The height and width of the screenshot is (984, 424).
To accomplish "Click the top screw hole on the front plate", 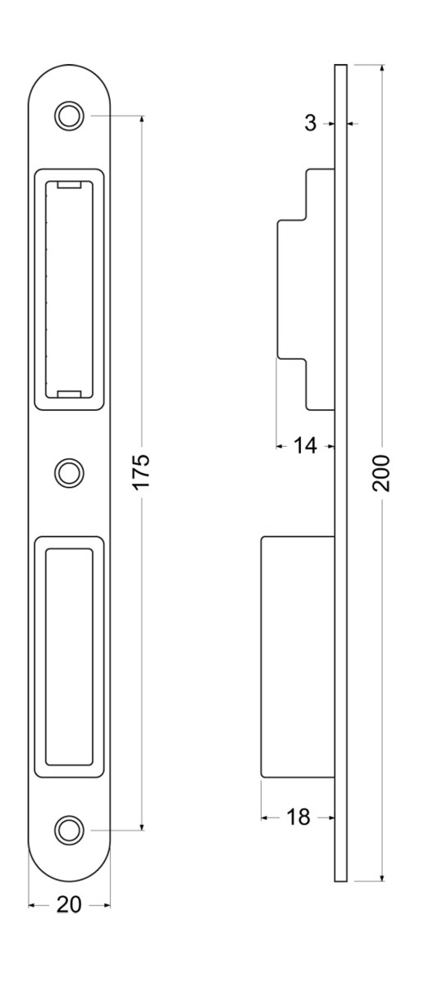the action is pos(69,116).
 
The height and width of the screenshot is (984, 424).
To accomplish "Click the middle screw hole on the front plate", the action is pos(69,473).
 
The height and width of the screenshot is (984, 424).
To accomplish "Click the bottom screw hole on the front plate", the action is pos(69,830).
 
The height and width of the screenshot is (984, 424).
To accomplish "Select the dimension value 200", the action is pos(381,474).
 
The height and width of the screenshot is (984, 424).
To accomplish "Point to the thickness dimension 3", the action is pos(311,124).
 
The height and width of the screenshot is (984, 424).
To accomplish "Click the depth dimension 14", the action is pos(305,446).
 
